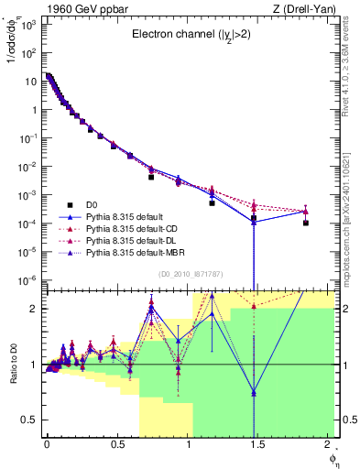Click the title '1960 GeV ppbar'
point(77,7)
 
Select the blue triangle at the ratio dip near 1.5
point(254,393)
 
